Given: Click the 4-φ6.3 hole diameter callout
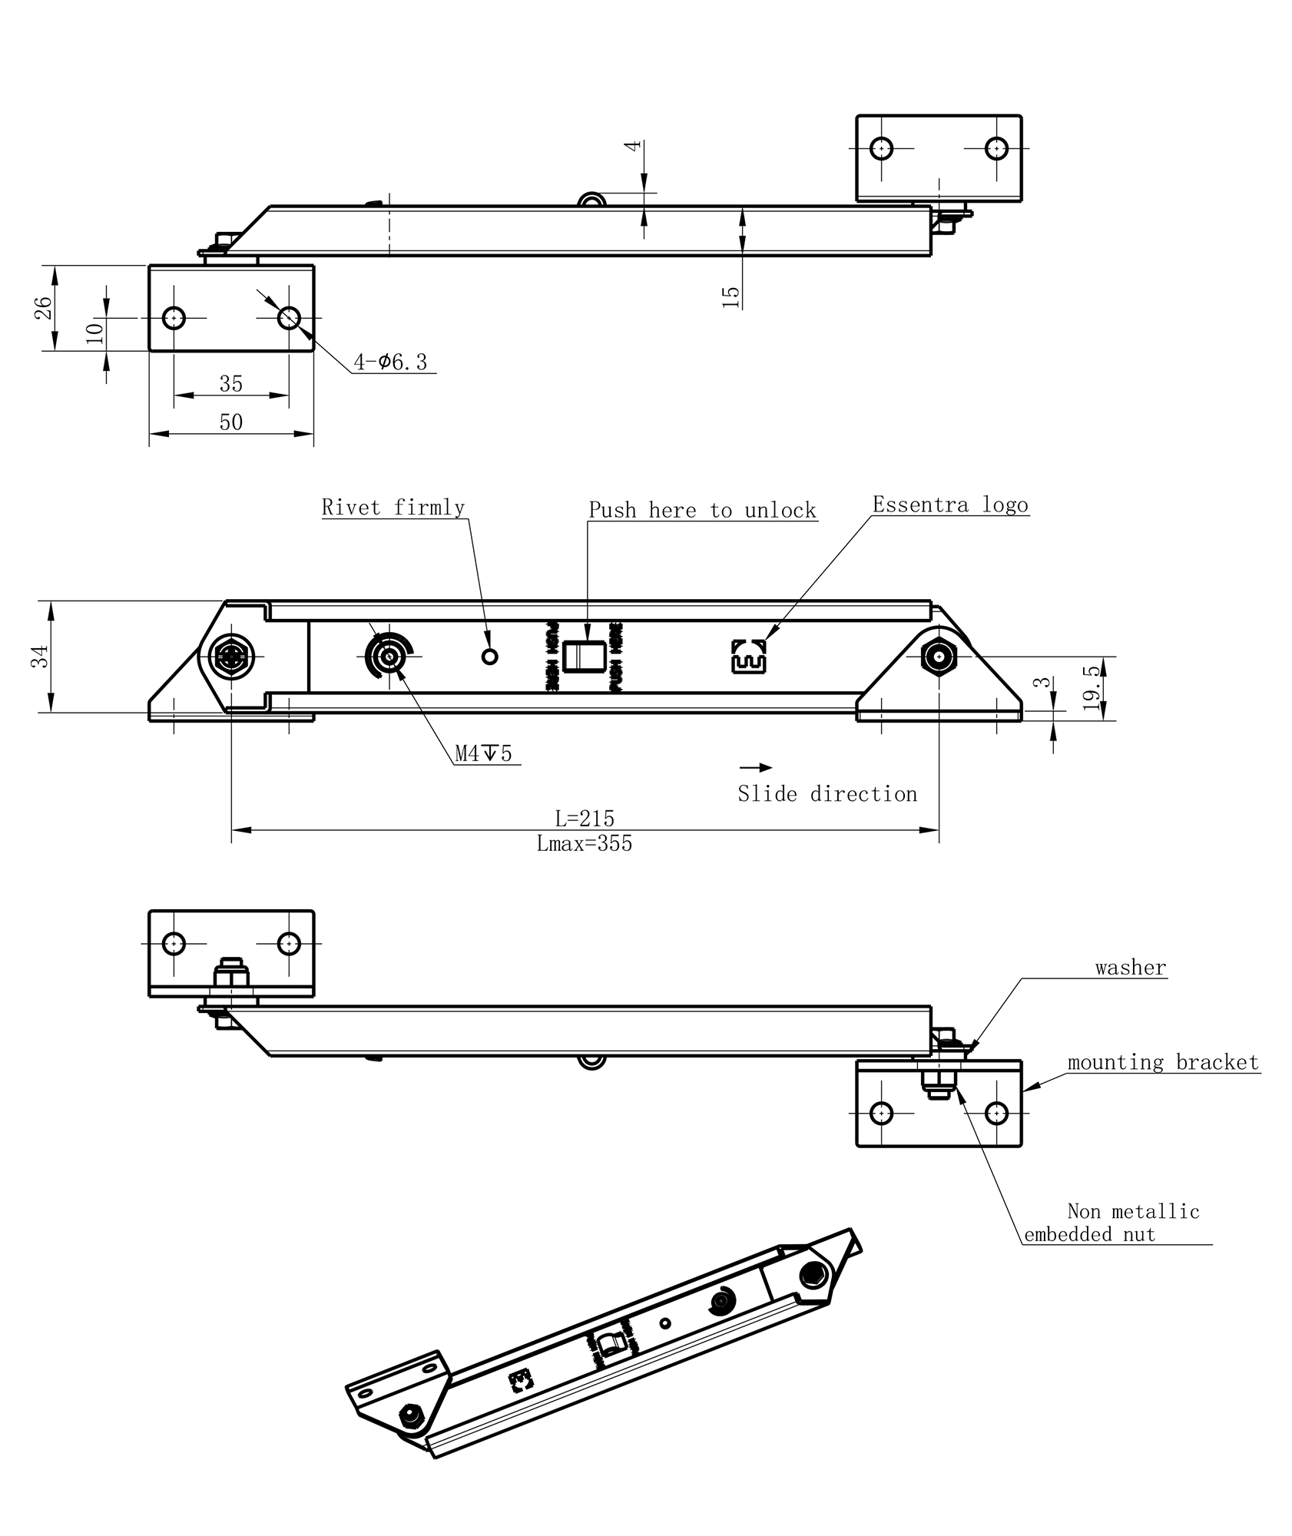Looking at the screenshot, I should point(390,362).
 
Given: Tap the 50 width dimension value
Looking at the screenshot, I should point(231,422).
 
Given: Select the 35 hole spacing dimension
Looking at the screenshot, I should point(231,383).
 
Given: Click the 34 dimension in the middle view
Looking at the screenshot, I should point(40,656).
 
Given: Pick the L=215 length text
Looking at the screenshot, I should point(585,818).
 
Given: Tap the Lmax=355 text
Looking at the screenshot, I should point(585,844).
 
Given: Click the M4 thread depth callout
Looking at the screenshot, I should point(483,753).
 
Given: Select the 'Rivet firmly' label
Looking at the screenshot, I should point(393,507).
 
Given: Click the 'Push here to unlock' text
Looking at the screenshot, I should point(702,510).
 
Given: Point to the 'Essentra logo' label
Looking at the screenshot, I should point(950,505).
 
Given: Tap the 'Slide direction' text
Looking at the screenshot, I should point(827,793).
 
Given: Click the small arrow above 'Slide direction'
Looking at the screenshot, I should point(756,767).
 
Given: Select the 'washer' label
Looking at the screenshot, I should point(1131,968).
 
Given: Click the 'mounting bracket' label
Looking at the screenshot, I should point(1163,1063).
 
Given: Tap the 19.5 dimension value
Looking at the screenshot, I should point(1093,688).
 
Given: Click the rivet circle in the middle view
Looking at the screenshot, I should point(489,656).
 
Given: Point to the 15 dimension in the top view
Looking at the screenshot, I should point(731,296).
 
